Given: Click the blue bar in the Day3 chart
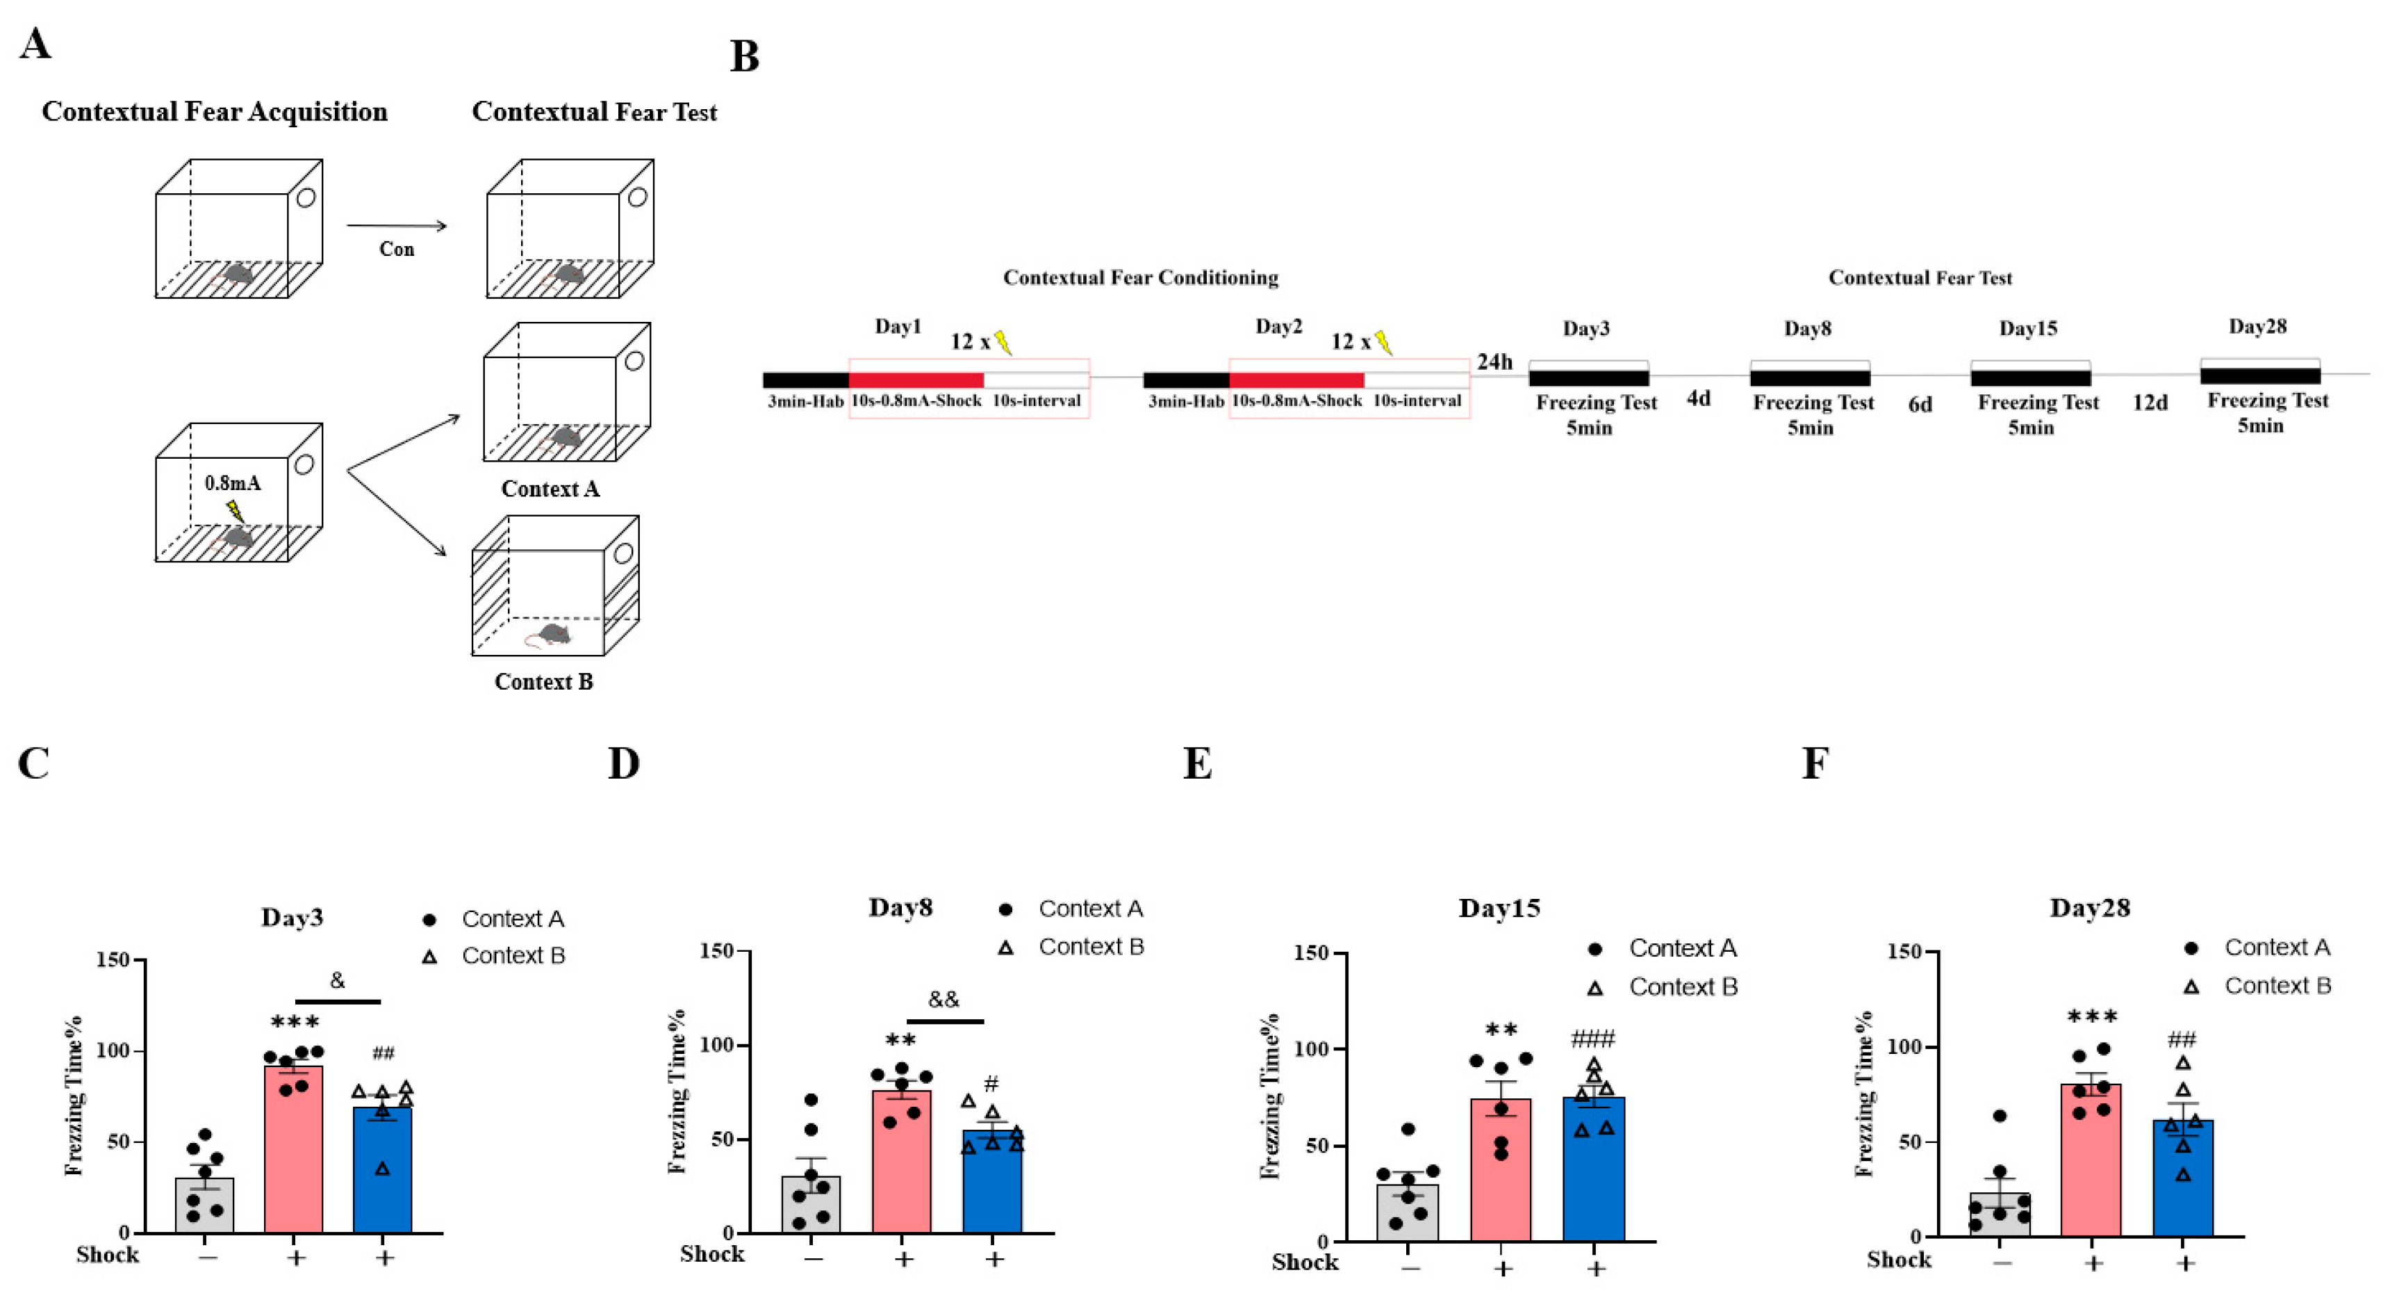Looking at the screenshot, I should pos(382,1178).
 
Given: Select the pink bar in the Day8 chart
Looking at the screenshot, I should pos(901,1169).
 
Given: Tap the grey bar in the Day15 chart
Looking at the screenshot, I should pos(1408,1216).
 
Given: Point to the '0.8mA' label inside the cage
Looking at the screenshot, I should pos(232,482).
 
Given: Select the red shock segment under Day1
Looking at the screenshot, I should pos(916,380).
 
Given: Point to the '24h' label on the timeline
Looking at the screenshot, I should pos(1494,361).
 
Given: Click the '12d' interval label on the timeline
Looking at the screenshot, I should pos(2150,403).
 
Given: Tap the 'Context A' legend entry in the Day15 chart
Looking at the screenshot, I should pos(1682,948).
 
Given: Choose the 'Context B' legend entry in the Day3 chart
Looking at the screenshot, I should pos(512,956).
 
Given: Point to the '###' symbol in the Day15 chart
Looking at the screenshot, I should pos(1593,1038).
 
